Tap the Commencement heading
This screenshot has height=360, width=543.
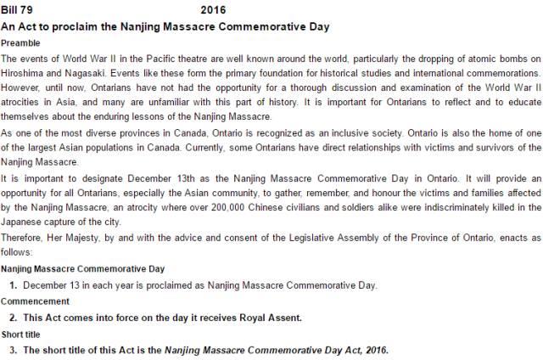(x=36, y=301)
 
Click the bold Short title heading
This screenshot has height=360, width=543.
(x=20, y=334)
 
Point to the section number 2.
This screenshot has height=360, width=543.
(x=13, y=318)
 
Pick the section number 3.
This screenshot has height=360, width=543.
(x=13, y=349)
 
